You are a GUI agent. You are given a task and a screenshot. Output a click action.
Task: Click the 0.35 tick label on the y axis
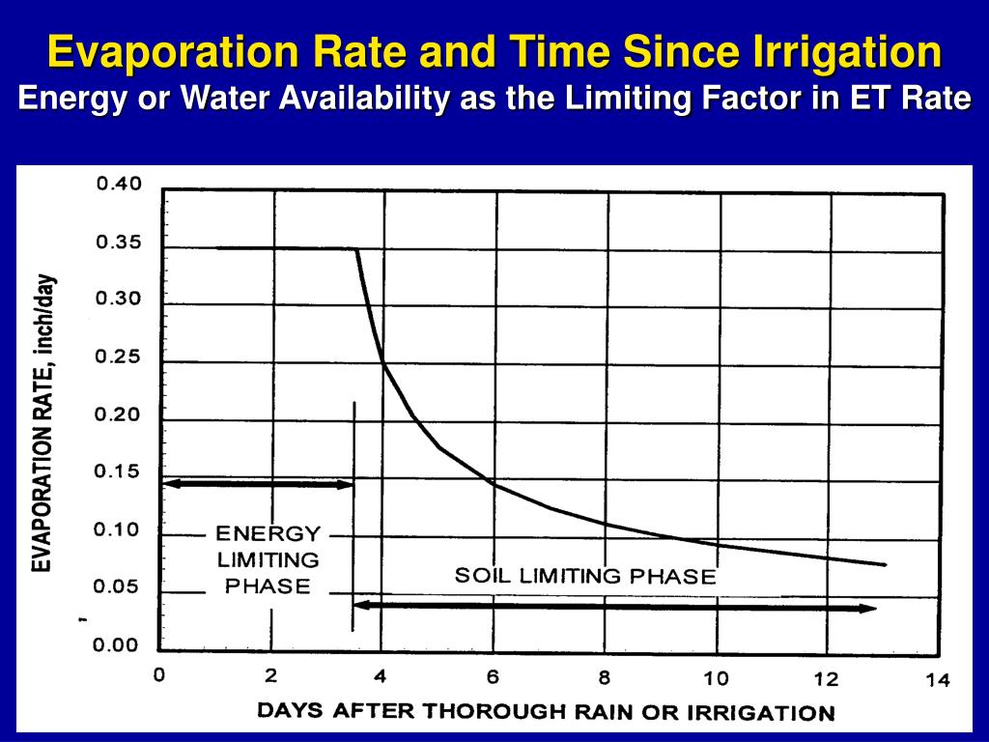tap(118, 243)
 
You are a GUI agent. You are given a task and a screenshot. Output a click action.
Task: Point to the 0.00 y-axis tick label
tap(118, 645)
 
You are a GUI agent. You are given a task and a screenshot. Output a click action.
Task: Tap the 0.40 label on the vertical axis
tap(118, 185)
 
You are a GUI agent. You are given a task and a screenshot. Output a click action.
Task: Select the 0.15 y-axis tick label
tap(118, 472)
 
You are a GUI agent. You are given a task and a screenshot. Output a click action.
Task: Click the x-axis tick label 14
tap(937, 681)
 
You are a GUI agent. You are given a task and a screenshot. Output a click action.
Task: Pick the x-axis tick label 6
tap(492, 676)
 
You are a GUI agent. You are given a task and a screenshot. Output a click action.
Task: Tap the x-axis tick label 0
tap(159, 674)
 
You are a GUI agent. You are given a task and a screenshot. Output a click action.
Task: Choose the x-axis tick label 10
tap(715, 678)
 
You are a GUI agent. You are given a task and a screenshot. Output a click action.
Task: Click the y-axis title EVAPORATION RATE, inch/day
tap(42, 423)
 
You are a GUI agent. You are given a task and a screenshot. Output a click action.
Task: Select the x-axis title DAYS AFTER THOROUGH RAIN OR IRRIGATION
tap(546, 712)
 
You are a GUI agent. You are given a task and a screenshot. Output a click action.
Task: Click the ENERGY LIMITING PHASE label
tap(268, 559)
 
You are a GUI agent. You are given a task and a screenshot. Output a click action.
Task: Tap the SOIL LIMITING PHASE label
tap(585, 577)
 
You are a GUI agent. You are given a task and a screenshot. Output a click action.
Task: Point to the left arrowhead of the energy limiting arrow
tap(166, 482)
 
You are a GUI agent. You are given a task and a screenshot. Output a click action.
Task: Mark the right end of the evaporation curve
tap(884, 564)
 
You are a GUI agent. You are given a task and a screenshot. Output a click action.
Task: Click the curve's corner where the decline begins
tap(356, 249)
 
